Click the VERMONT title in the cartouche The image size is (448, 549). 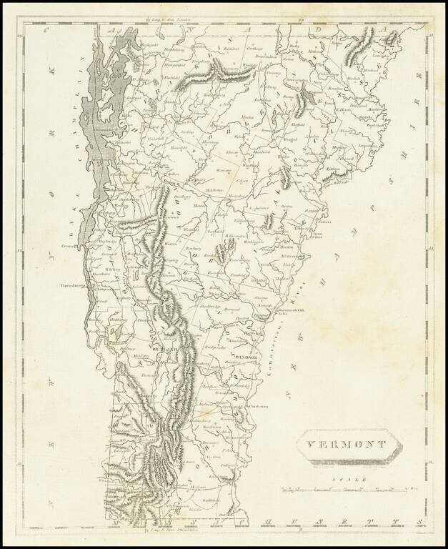tap(347, 444)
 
